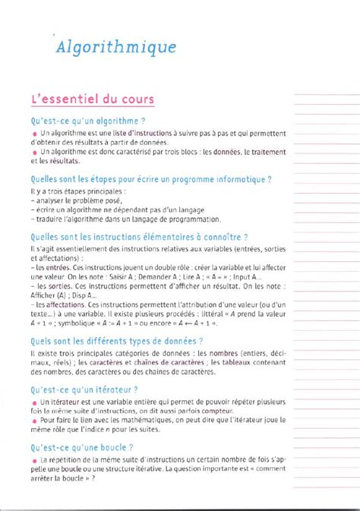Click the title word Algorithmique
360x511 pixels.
tap(118, 47)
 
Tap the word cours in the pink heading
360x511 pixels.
tap(133, 99)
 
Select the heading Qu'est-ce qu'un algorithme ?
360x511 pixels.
tap(87, 120)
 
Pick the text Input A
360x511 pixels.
tap(245, 277)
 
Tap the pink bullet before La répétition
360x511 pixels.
tap(34, 461)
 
